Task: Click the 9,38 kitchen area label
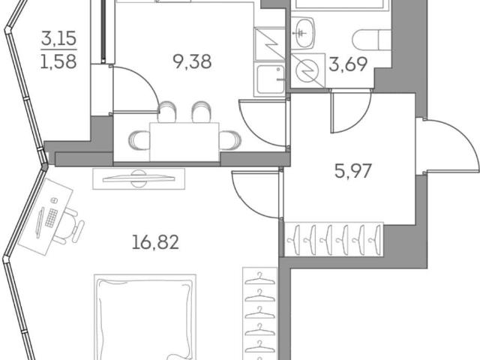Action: pos(192,61)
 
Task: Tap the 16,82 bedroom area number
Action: pos(155,241)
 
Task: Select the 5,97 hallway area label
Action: pos(353,171)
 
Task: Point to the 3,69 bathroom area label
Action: pos(348,64)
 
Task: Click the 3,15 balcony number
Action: pos(58,38)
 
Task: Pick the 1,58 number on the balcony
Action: pos(58,61)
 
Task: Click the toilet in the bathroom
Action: pos(372,40)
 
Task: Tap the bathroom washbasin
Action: pos(303,33)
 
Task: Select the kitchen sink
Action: pos(270,80)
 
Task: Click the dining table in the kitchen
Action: pos(184,142)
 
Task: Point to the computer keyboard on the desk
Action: pos(51,217)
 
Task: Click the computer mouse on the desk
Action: pos(54,200)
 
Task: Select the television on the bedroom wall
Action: pos(139,178)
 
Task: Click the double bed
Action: pos(145,316)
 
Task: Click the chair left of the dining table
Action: pos(139,140)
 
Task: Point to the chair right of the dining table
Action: pos(230,140)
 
